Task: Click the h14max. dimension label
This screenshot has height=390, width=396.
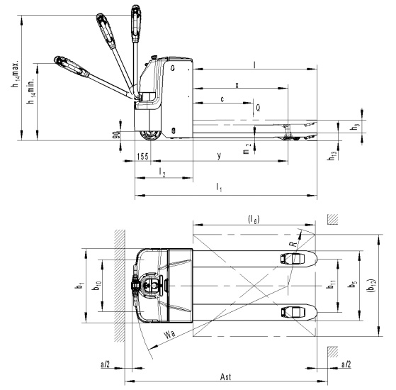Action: point(16,74)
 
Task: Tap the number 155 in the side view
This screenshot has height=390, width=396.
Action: point(142,157)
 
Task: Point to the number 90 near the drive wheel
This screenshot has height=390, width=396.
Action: point(117,135)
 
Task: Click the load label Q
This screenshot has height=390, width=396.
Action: point(258,108)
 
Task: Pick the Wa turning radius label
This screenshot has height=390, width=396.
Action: point(169,334)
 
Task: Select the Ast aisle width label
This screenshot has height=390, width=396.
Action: point(225,377)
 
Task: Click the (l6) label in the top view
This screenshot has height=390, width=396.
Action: point(254,219)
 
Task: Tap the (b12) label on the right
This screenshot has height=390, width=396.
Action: point(371,286)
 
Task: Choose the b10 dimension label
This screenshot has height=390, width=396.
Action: point(97,286)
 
